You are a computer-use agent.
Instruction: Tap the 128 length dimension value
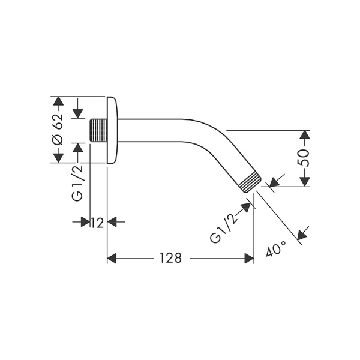click(170, 258)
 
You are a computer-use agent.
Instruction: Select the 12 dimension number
click(98, 223)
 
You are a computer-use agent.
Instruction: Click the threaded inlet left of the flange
click(97, 130)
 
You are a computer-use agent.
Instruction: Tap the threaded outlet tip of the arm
click(251, 182)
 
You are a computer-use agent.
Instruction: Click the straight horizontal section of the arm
click(156, 130)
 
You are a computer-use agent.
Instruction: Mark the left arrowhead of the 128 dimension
click(112, 258)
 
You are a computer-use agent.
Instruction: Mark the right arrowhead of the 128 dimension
click(249, 258)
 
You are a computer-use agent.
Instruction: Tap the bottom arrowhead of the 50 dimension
click(304, 182)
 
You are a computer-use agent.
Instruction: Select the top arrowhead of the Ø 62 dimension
click(58, 100)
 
